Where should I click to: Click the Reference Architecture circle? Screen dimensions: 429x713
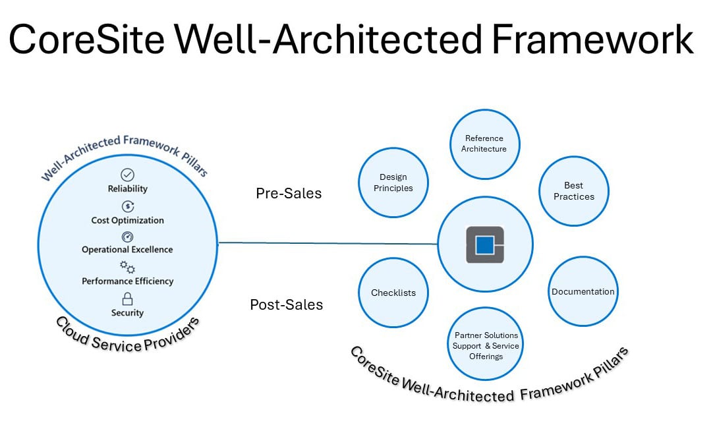485,144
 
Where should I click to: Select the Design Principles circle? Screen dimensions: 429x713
393,183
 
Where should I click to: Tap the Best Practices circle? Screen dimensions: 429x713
573,191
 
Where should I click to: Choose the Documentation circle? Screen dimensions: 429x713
583,291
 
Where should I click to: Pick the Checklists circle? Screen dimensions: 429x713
393,293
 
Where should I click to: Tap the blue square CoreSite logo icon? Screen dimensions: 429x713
485,244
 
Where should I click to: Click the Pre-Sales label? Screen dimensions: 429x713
289,194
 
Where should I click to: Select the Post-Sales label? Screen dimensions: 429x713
286,304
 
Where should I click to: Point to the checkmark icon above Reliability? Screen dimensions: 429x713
127,175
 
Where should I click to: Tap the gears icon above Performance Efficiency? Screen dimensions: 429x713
127,268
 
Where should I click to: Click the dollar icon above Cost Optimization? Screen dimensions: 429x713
127,207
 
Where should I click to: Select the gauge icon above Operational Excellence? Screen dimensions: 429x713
127,237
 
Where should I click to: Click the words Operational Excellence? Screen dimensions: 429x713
127,250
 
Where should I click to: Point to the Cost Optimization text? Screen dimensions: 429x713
127,220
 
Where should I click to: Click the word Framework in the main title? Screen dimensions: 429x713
593,40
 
